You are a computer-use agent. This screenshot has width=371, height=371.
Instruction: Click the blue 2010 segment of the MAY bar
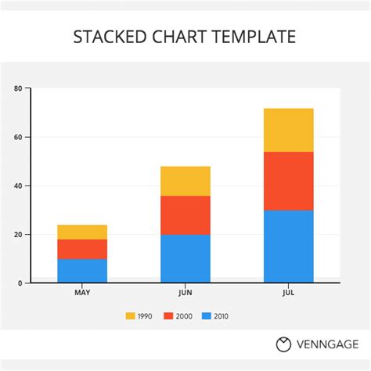82,270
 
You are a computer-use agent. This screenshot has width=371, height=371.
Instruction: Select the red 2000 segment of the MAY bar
82,249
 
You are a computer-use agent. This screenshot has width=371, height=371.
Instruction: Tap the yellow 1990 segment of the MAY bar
82,232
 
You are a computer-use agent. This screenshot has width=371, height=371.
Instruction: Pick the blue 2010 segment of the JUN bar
185,258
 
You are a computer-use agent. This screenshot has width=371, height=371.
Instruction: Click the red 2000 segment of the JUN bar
185,215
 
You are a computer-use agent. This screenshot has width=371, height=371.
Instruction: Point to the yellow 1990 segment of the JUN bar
185,181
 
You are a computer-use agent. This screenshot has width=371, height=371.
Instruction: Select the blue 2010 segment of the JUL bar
288,246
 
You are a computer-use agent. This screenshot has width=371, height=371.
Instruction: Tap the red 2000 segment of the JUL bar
288,181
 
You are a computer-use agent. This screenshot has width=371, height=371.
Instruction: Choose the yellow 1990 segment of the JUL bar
288,130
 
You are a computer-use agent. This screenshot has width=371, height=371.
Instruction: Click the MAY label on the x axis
82,293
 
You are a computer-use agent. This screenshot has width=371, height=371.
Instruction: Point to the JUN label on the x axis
185,293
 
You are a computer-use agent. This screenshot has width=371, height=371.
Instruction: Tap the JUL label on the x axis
288,293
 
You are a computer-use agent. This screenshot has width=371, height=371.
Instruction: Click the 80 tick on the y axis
17,88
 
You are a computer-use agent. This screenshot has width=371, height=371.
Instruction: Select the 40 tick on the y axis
17,185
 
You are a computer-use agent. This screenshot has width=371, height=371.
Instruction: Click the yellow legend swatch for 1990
131,316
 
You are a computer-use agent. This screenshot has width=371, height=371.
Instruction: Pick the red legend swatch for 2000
168,316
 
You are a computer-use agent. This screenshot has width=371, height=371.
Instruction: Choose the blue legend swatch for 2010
207,316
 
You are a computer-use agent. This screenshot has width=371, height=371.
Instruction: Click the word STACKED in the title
107,36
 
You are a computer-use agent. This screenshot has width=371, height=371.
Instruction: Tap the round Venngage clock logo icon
283,344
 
